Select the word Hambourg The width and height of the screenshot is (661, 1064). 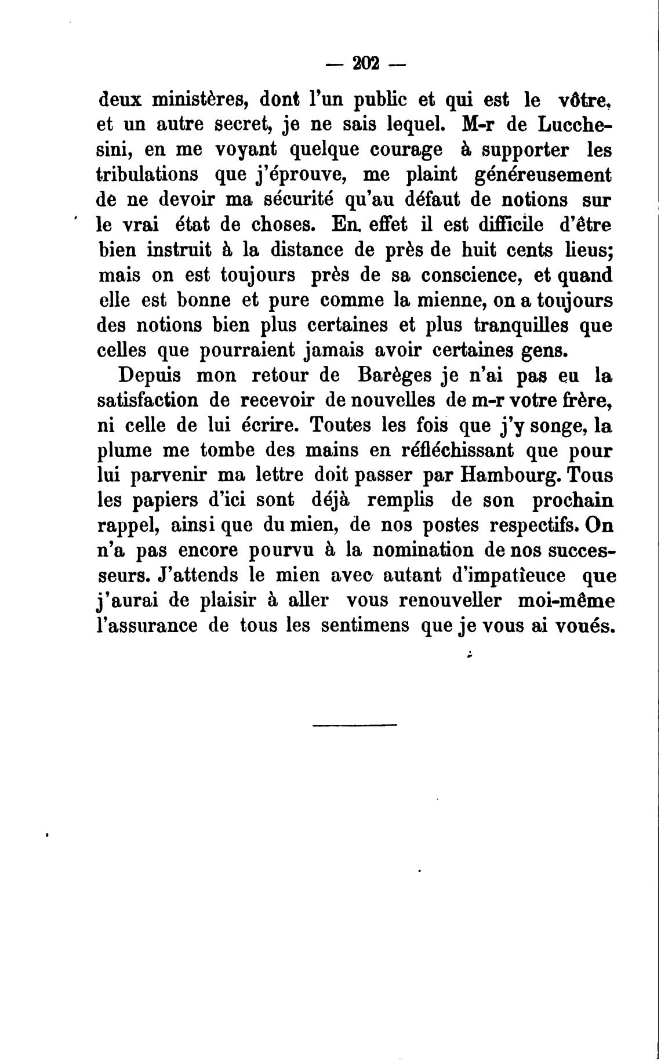[x=510, y=475]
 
